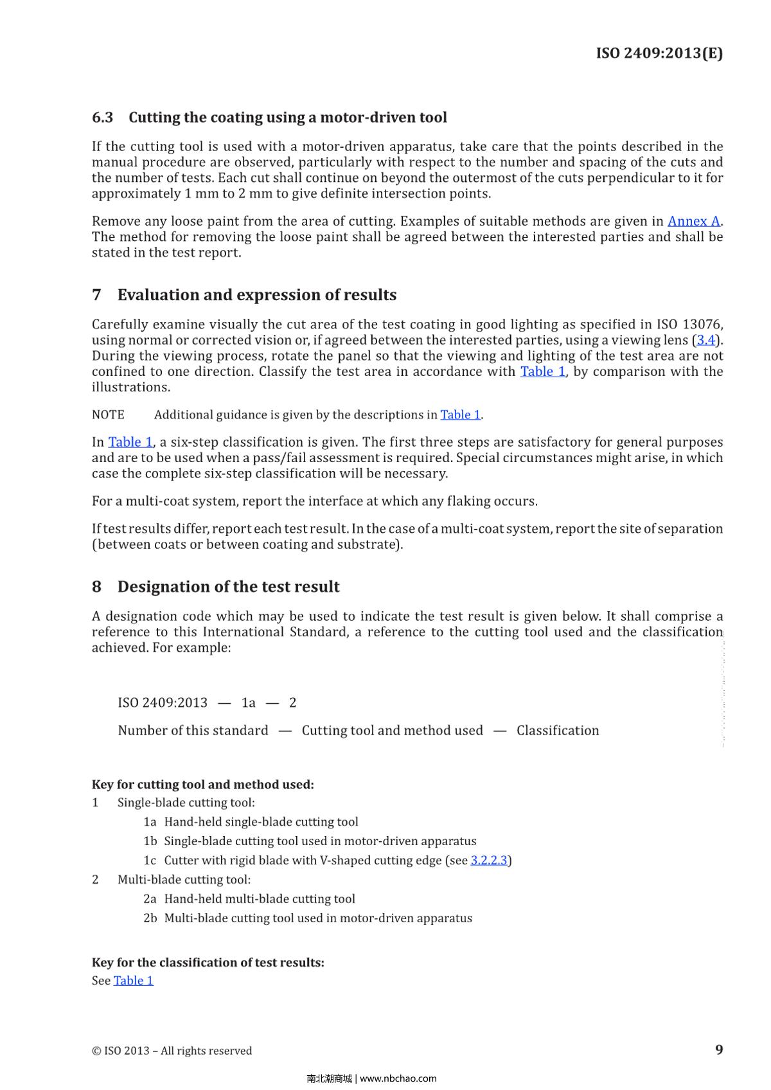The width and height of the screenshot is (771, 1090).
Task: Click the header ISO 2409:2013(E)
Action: point(659,53)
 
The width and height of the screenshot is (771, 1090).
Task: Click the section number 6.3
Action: point(102,118)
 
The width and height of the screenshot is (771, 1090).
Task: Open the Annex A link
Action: point(693,221)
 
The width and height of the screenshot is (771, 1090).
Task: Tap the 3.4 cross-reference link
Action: point(705,340)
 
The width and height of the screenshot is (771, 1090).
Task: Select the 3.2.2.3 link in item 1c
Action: point(489,860)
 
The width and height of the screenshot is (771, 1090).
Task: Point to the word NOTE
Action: point(108,415)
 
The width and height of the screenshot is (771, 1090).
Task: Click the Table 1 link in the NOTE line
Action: point(460,415)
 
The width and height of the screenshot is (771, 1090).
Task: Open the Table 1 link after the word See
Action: point(133,980)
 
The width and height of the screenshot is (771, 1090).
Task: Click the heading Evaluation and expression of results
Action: point(256,295)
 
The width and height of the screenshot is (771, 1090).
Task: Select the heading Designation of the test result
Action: point(228,587)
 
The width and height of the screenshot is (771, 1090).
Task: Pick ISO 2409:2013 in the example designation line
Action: point(163,702)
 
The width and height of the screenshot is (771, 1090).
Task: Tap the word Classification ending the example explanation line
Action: point(558,730)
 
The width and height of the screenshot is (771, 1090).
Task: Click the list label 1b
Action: point(150,841)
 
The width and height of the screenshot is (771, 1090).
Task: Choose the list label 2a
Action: point(150,898)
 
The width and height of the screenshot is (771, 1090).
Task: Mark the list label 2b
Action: point(150,918)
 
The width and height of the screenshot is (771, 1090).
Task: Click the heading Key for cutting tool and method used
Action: point(202,784)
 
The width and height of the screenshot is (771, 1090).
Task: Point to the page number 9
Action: point(719,1050)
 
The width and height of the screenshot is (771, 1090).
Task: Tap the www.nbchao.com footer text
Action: point(398,1078)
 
